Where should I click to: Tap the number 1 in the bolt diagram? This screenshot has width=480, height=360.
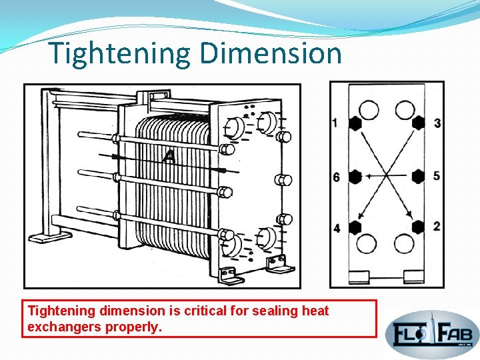[335, 123]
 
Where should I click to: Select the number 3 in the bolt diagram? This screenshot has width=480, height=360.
[437, 123]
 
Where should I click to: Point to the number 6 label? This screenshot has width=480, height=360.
[336, 177]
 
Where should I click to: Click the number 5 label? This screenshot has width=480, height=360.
[437, 176]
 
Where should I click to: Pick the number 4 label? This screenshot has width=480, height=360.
[336, 229]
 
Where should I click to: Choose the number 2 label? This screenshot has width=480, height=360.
[437, 227]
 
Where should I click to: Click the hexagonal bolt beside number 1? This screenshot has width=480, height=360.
[355, 123]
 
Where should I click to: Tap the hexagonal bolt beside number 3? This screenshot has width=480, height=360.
[418, 123]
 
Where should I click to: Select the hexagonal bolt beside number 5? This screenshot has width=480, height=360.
[418, 176]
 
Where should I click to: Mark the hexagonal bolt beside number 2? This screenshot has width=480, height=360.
[418, 227]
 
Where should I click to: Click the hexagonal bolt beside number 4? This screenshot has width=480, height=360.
[355, 227]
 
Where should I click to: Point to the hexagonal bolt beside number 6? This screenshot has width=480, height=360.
[355, 177]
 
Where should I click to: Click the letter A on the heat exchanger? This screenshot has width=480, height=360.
[169, 157]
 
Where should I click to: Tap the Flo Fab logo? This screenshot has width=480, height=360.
[432, 331]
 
